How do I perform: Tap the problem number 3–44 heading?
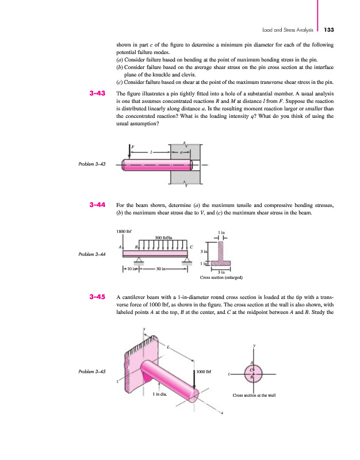(x=95, y=204)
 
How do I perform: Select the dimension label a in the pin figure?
(x=182, y=152)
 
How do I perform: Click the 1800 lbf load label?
(x=124, y=232)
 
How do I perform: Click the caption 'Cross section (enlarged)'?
(x=221, y=278)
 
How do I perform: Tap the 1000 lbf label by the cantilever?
(x=205, y=371)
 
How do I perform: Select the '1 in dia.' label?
(x=160, y=394)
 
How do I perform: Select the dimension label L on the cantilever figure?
(x=168, y=347)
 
